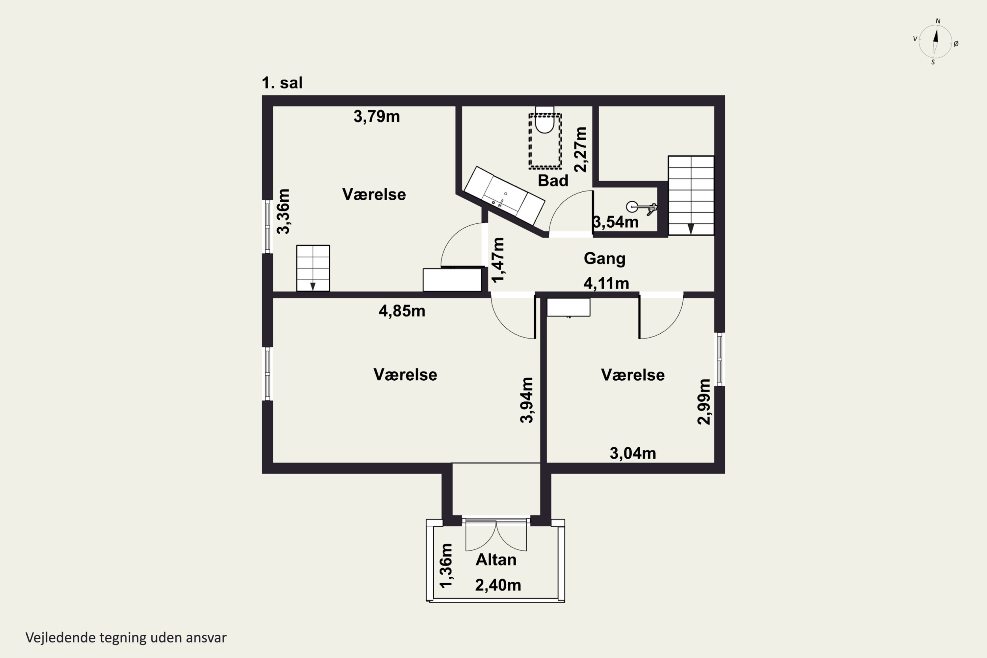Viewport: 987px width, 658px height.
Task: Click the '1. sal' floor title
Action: pyautogui.click(x=282, y=83)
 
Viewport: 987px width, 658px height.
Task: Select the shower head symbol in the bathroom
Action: pyautogui.click(x=641, y=208)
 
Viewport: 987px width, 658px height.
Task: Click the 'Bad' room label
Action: pyautogui.click(x=553, y=180)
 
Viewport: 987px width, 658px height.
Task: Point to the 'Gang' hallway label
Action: pyautogui.click(x=604, y=259)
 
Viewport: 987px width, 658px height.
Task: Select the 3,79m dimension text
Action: pyautogui.click(x=376, y=116)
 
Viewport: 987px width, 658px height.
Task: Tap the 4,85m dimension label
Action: pyautogui.click(x=402, y=311)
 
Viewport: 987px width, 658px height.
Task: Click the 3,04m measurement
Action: pyautogui.click(x=632, y=453)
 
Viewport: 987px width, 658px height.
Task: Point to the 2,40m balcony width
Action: pyautogui.click(x=498, y=585)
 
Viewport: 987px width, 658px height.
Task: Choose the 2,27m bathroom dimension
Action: pyautogui.click(x=580, y=149)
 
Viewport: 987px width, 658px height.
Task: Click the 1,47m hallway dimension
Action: pyautogui.click(x=498, y=260)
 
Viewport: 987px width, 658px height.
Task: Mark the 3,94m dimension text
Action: pyautogui.click(x=527, y=400)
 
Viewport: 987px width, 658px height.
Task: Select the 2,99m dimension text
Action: pyautogui.click(x=704, y=402)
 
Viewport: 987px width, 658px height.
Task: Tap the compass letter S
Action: pyautogui.click(x=933, y=62)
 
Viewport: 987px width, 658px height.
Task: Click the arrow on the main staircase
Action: pyautogui.click(x=691, y=229)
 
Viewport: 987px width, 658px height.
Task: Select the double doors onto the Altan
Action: pyautogui.click(x=496, y=535)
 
